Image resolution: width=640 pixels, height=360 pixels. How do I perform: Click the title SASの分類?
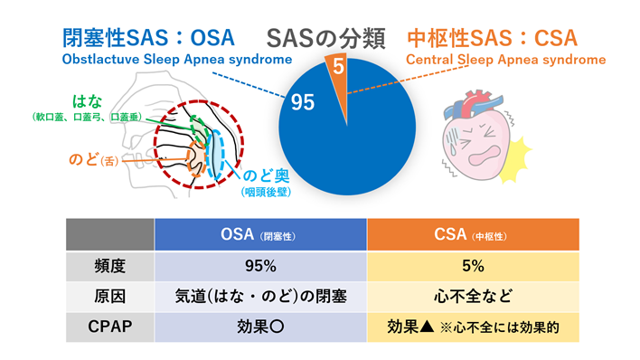[x=325, y=38]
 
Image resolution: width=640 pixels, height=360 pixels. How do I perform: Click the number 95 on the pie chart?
[x=303, y=102]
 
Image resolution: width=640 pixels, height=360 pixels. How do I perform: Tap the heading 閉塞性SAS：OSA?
[x=148, y=38]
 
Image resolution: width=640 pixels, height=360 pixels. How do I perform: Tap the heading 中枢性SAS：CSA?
[x=493, y=38]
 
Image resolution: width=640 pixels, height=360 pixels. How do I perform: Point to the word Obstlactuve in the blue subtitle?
[x=101, y=60]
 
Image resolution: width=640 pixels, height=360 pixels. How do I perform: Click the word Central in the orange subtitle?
[x=429, y=60]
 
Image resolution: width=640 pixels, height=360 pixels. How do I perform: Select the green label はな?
[x=87, y=101]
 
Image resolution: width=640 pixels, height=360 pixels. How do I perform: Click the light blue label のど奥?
[x=266, y=175]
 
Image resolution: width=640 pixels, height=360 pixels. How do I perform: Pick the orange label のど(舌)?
[x=94, y=159]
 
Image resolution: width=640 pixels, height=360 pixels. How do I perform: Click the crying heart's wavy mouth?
[x=485, y=156]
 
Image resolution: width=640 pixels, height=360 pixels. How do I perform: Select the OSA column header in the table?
[x=260, y=234]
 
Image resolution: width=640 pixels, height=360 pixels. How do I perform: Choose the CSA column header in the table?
[x=473, y=234]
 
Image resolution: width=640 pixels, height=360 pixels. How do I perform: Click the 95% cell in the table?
[x=260, y=266]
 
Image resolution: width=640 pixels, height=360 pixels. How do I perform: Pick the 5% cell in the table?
[x=473, y=266]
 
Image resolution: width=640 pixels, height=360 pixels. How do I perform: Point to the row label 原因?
[x=109, y=297]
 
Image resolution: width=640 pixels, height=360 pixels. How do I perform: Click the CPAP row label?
[x=109, y=327]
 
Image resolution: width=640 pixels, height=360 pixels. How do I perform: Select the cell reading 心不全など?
[x=473, y=297]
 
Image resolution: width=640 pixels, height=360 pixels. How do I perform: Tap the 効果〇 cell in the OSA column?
[x=260, y=327]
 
